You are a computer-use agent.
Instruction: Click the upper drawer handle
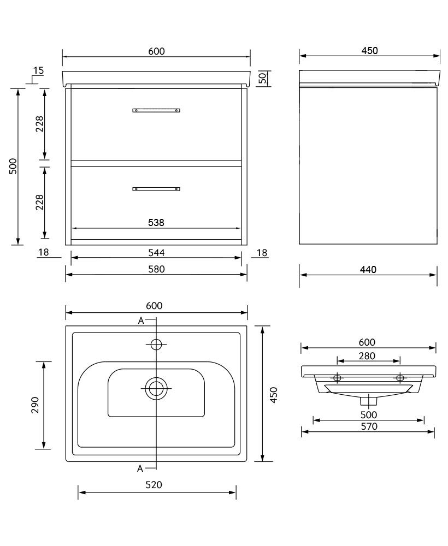[x=156, y=110]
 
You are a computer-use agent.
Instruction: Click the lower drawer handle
[x=156, y=189]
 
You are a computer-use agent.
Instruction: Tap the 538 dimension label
[x=156, y=222]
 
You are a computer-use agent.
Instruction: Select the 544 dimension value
[x=156, y=252]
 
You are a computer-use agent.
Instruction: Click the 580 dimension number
[x=156, y=269]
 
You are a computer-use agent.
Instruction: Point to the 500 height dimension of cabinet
[x=14, y=166]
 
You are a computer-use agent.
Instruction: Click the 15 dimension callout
[x=38, y=70]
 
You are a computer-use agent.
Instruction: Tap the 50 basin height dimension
[x=262, y=78]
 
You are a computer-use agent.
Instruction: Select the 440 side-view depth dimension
[x=368, y=269]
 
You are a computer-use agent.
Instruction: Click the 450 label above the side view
[x=369, y=51]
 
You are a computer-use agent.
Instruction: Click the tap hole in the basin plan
[x=156, y=344]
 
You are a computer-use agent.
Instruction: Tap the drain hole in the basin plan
[x=156, y=388]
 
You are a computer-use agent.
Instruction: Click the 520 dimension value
[x=156, y=485]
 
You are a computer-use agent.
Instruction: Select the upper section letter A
[x=141, y=321]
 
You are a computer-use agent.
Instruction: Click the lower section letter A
[x=140, y=468]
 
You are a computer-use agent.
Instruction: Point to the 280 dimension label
[x=368, y=356]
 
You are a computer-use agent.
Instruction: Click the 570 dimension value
[x=369, y=426]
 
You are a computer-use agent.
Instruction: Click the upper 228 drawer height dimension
[x=39, y=125]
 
